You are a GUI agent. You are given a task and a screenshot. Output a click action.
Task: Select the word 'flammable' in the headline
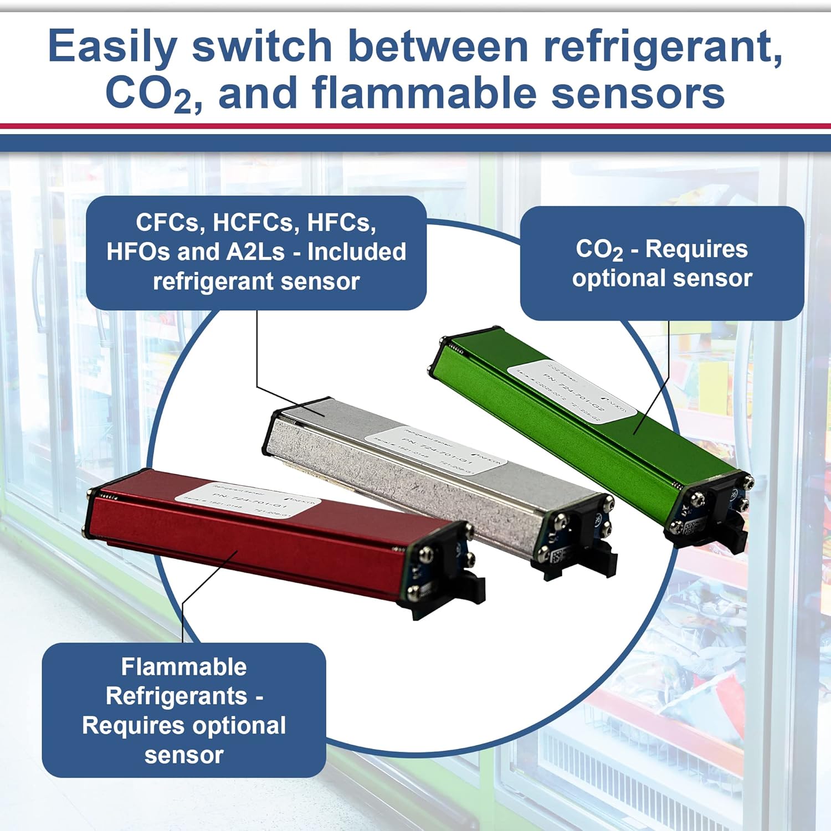point(424,93)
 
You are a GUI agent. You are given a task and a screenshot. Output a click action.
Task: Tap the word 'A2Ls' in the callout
point(255,252)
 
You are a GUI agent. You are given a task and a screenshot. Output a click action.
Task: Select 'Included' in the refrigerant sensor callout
point(357,252)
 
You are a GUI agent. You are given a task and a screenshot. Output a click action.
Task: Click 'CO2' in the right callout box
point(599,250)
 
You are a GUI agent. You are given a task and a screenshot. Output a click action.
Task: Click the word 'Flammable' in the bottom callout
point(184,667)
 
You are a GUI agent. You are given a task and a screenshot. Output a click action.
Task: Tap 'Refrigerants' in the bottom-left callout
point(176,696)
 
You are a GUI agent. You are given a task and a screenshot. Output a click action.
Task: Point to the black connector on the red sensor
point(465,593)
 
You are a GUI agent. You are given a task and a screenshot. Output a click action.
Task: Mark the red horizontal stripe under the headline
point(416,126)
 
